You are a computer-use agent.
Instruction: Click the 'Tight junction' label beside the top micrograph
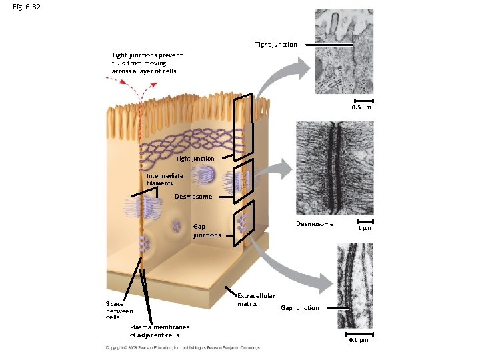(276, 45)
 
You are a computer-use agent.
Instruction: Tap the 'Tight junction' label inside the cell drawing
(195, 159)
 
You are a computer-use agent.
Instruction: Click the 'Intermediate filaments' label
(160, 179)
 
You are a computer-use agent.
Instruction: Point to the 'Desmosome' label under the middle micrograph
(315, 224)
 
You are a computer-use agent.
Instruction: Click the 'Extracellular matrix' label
(256, 300)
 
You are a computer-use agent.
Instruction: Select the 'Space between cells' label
(119, 311)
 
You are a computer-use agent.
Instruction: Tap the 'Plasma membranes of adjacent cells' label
(159, 331)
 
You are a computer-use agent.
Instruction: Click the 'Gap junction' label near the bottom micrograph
(299, 308)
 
